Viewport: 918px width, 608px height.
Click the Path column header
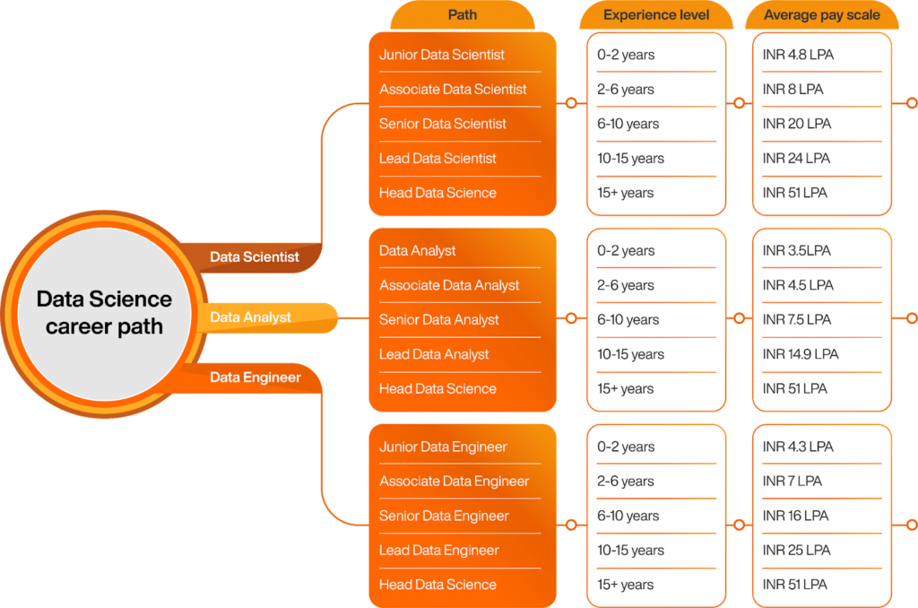tap(463, 15)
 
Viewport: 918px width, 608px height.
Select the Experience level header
tap(656, 15)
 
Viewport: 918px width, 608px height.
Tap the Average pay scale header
tap(821, 15)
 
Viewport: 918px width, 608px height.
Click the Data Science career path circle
tap(104, 312)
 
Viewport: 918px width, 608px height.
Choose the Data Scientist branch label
tap(254, 256)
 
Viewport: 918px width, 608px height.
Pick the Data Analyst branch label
tap(250, 317)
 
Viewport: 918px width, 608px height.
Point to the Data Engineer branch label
tap(255, 378)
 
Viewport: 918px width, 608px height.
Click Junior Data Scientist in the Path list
tap(441, 55)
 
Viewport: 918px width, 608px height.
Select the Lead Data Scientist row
tap(437, 159)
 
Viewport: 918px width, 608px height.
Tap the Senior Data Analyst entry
tap(438, 320)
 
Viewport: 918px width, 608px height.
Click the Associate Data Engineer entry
tap(454, 482)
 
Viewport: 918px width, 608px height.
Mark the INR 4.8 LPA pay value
tap(797, 55)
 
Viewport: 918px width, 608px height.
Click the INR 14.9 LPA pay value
tap(800, 354)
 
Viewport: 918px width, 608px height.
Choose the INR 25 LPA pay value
tap(796, 551)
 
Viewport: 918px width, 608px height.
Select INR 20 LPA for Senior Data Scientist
tap(796, 124)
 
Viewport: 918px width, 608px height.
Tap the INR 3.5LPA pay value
tap(796, 251)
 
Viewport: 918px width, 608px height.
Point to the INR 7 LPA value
tap(792, 482)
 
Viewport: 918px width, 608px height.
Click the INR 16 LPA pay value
tap(795, 517)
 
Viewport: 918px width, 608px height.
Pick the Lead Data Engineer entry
tap(438, 551)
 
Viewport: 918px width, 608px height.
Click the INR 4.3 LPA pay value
tap(797, 447)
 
